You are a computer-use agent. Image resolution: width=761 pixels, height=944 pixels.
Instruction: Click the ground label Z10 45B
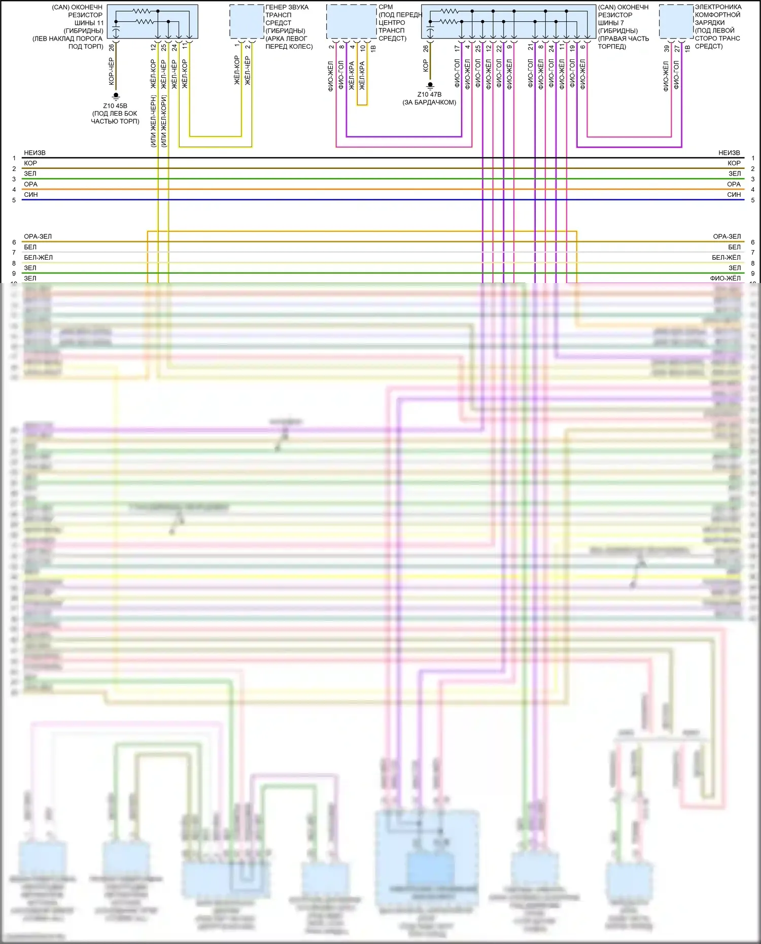115,106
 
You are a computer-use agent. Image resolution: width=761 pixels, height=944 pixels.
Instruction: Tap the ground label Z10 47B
429,94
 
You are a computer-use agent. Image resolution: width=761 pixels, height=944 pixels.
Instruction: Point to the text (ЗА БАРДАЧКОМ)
429,102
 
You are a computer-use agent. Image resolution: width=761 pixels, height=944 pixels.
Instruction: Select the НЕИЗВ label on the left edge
34,153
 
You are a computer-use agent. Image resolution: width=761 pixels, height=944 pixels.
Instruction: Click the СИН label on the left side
30,195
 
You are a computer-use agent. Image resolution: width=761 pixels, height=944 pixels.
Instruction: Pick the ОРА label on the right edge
734,184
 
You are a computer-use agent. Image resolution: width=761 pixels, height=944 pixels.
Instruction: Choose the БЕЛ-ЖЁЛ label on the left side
38,258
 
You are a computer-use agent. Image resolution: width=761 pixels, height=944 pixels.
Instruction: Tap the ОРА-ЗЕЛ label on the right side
727,236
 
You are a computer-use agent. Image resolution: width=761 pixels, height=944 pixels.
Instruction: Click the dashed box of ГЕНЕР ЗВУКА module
247,21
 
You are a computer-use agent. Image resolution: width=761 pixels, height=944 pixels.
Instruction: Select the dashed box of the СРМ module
351,21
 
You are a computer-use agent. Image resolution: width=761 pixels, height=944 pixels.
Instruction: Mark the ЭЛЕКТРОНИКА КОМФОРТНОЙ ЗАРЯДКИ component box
676,21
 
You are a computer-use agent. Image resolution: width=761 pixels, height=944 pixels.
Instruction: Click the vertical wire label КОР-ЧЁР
112,72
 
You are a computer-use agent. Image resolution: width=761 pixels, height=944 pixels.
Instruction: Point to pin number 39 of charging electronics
667,49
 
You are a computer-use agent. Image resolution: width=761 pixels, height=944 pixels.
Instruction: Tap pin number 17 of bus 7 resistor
457,48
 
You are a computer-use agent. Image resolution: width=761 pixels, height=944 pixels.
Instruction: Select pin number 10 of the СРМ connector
363,48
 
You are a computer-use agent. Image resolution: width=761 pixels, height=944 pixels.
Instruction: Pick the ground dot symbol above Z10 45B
116,95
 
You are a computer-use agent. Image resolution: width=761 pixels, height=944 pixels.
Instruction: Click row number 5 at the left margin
14,200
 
